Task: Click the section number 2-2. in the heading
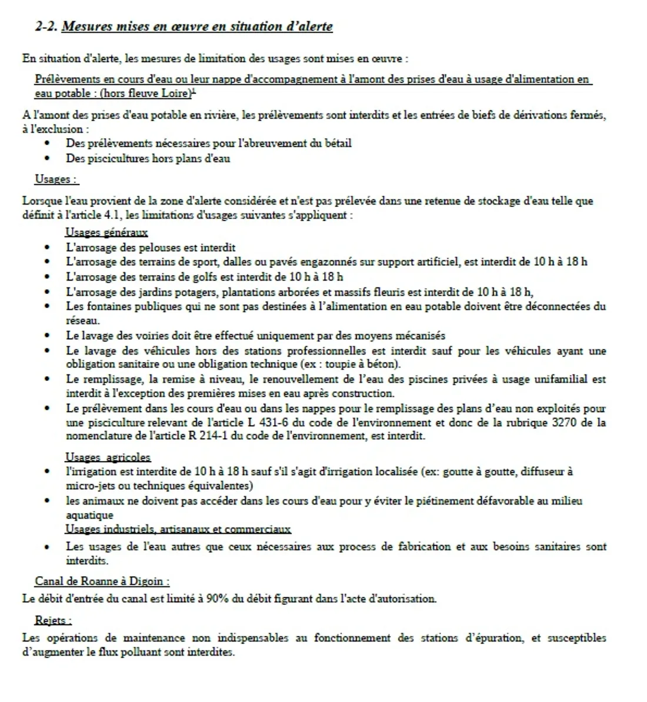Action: [46, 26]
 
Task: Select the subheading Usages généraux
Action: [106, 232]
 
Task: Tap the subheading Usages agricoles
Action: [108, 457]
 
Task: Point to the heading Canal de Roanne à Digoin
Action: [102, 581]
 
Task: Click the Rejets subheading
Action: [53, 620]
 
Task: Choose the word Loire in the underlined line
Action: [175, 93]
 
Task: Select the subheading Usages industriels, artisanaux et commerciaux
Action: [178, 529]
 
